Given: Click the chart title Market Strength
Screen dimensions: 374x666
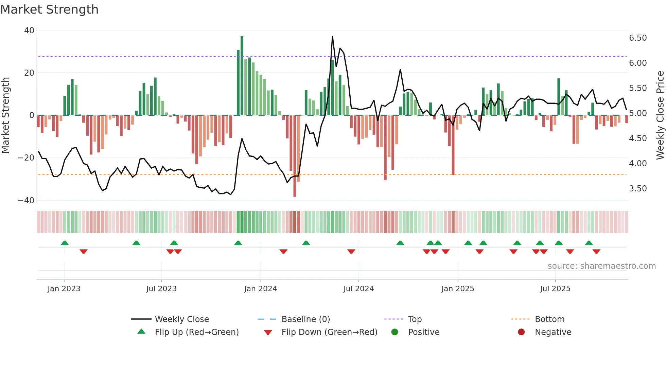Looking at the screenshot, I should point(49,10).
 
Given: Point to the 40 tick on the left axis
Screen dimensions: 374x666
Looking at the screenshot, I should point(29,31).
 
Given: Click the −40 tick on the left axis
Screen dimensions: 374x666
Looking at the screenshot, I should point(26,201).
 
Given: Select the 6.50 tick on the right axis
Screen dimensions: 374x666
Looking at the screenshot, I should point(638,38).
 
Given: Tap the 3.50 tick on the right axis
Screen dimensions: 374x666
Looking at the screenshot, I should point(638,189).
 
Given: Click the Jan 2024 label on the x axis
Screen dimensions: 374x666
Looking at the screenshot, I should point(260,289).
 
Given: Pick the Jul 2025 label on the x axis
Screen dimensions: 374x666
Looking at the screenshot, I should point(555,289).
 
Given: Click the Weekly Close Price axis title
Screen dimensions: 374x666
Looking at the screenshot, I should point(660,115).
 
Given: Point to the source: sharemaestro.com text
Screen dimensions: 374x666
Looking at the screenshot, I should point(601,266).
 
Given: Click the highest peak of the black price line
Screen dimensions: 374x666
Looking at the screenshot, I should point(332,37).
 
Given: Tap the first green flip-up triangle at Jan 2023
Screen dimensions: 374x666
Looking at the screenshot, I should point(65,243).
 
